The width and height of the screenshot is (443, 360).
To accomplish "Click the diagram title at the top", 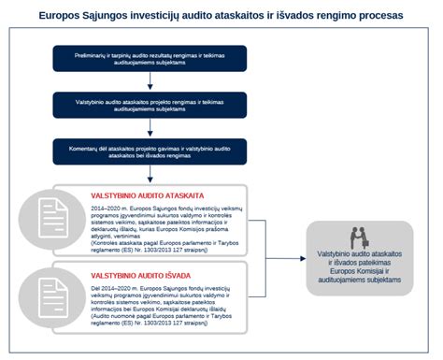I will pyautogui.click(x=221, y=15).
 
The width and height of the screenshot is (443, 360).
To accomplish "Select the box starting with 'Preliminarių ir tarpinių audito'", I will pyautogui.click(x=150, y=59).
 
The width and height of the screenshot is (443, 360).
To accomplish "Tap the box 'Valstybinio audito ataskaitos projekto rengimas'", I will pyautogui.click(x=150, y=106).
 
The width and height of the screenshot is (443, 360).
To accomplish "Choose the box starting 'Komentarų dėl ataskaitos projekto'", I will pyautogui.click(x=150, y=151).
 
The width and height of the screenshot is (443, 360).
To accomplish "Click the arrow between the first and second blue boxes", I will pyautogui.click(x=150, y=82).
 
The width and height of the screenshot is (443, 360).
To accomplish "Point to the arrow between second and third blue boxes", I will pyautogui.click(x=150, y=129).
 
